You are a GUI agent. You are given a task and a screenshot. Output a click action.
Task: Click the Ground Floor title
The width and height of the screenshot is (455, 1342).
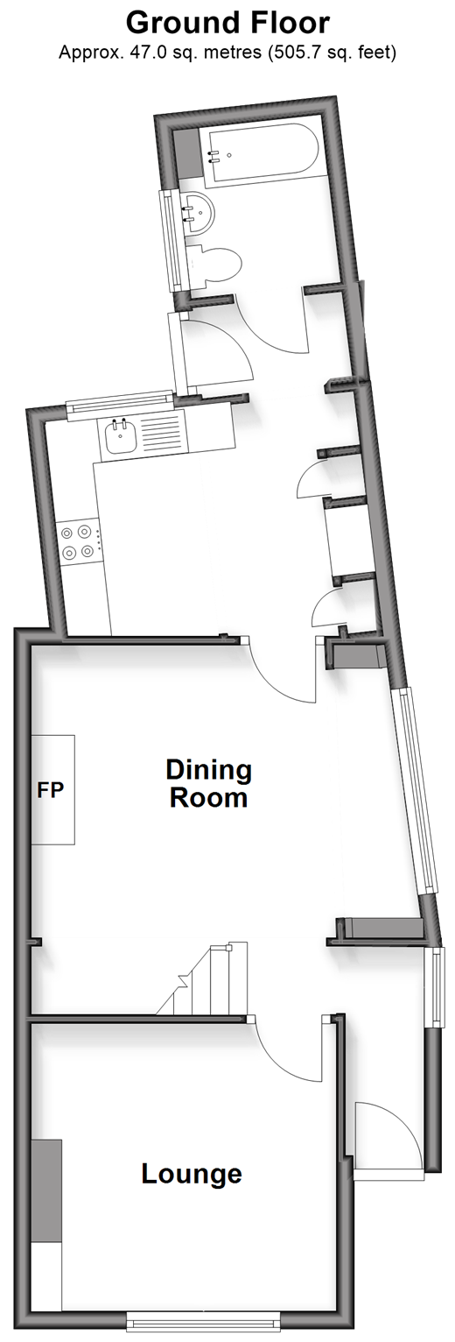pyautogui.click(x=227, y=24)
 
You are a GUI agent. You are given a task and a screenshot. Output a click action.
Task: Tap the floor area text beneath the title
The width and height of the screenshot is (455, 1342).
pyautogui.click(x=227, y=53)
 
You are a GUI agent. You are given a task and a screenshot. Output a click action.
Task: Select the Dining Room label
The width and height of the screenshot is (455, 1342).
pyautogui.click(x=208, y=783)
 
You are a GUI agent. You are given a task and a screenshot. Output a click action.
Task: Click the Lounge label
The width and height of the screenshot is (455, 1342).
pyautogui.click(x=192, y=1173)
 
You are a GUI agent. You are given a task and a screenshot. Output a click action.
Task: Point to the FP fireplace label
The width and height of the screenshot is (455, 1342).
pyautogui.click(x=50, y=789)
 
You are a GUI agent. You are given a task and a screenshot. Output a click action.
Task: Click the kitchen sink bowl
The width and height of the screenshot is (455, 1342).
pyautogui.click(x=121, y=438)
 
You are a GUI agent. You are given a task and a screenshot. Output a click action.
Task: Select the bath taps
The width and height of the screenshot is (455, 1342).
pyautogui.click(x=212, y=157)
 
